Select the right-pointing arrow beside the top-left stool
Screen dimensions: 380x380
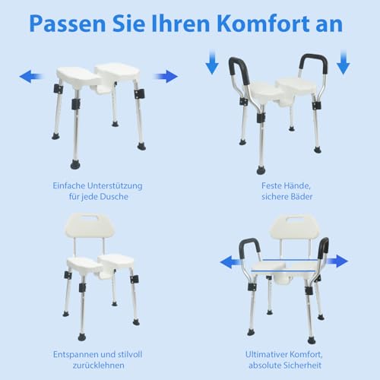(x=165, y=76)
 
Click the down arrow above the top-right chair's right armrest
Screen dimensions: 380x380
(x=342, y=63)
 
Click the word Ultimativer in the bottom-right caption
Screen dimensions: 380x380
(x=268, y=355)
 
